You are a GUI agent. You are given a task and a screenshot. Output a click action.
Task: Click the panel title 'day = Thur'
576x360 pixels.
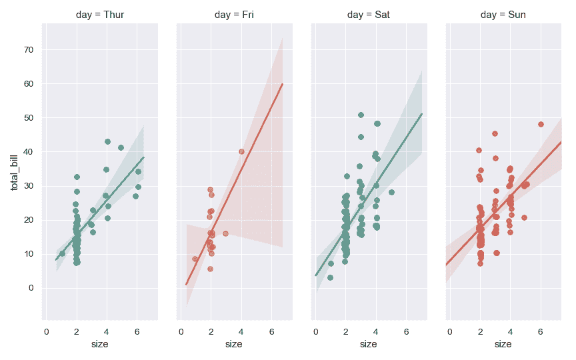click(99, 14)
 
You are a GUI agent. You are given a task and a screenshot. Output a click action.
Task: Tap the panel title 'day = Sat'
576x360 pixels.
click(369, 14)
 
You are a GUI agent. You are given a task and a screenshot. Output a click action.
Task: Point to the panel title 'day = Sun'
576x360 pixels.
click(503, 14)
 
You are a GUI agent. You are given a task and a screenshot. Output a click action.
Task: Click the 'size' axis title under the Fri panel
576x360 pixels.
click(233, 344)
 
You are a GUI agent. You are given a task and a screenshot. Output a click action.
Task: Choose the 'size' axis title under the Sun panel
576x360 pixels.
click(503, 344)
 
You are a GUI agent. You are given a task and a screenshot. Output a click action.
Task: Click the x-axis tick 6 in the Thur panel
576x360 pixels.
click(137, 331)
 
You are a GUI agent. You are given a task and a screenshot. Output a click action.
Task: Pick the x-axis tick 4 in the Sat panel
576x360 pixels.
click(377, 331)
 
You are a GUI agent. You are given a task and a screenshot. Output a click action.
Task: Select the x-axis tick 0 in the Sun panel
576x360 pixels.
click(450, 331)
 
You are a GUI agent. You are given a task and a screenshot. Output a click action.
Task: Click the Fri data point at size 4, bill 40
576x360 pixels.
click(241, 151)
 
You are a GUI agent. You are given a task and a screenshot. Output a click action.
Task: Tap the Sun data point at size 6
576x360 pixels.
click(541, 124)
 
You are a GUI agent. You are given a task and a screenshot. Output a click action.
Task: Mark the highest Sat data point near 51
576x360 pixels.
click(361, 115)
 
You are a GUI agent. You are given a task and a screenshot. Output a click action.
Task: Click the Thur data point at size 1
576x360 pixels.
click(62, 253)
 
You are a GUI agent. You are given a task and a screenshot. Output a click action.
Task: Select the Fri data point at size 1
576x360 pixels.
click(195, 259)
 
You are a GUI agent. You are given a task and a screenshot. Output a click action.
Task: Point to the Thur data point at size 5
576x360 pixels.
click(121, 147)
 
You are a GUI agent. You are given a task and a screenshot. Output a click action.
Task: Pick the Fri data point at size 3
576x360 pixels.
click(225, 233)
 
